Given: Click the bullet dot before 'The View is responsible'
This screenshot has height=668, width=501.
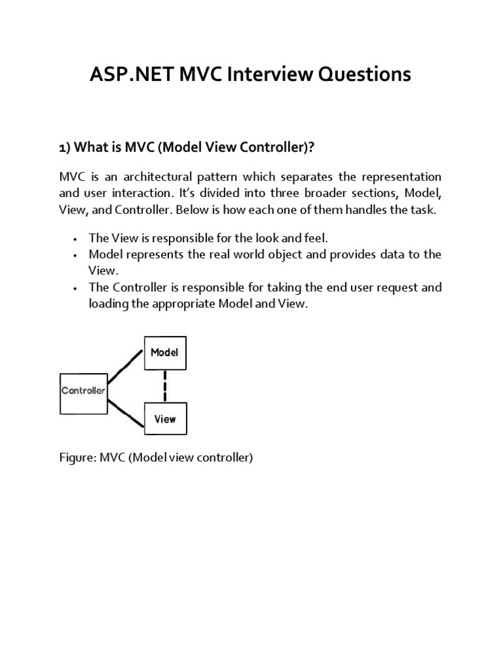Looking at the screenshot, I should [76, 239].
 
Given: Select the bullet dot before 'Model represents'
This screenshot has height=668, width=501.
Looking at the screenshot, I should [76, 255].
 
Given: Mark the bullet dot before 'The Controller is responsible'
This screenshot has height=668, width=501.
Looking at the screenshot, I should [76, 288].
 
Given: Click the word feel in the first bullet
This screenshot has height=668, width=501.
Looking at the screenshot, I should [304, 238].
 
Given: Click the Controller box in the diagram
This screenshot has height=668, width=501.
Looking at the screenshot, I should [83, 393].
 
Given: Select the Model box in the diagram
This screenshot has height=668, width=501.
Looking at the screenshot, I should [164, 353].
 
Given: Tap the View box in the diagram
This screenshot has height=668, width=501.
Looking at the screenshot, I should [164, 419].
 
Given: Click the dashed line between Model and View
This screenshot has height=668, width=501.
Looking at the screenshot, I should [165, 386].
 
